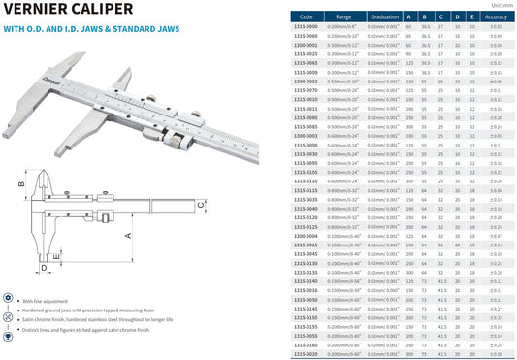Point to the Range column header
pos(344,16)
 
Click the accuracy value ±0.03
pos(496,26)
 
